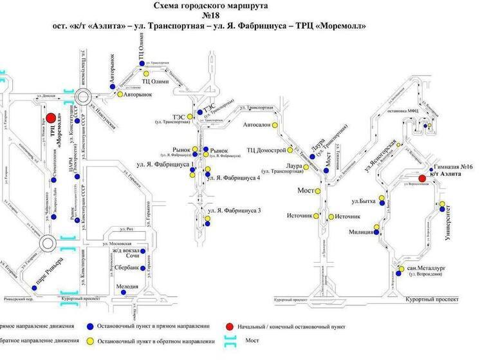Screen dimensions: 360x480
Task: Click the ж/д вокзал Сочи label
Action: click(126, 252)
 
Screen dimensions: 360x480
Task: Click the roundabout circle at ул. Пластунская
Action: click(82, 98)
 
